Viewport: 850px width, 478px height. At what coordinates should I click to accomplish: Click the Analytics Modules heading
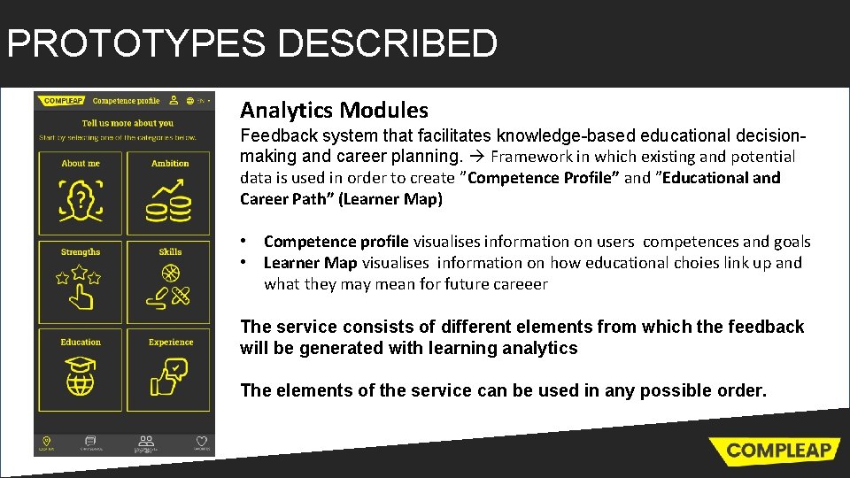point(334,111)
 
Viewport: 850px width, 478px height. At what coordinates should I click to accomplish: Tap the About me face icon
point(81,201)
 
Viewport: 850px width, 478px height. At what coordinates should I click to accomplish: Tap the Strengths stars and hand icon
point(81,287)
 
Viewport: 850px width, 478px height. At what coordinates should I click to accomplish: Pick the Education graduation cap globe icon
point(81,377)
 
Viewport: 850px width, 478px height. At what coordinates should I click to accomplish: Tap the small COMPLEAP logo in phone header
point(63,101)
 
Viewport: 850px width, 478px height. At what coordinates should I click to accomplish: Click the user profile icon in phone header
point(174,101)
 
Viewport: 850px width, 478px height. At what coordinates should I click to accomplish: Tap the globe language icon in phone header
point(189,101)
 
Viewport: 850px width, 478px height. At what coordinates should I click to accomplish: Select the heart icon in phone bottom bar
point(201,441)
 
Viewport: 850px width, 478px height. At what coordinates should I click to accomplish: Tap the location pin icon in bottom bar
point(47,441)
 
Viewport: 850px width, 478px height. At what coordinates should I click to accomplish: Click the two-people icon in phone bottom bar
point(146,440)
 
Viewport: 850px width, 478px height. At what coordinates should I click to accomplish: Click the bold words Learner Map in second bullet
point(310,263)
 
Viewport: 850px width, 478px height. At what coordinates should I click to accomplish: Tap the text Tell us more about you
point(127,123)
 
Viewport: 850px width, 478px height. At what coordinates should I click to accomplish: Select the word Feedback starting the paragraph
point(277,136)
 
